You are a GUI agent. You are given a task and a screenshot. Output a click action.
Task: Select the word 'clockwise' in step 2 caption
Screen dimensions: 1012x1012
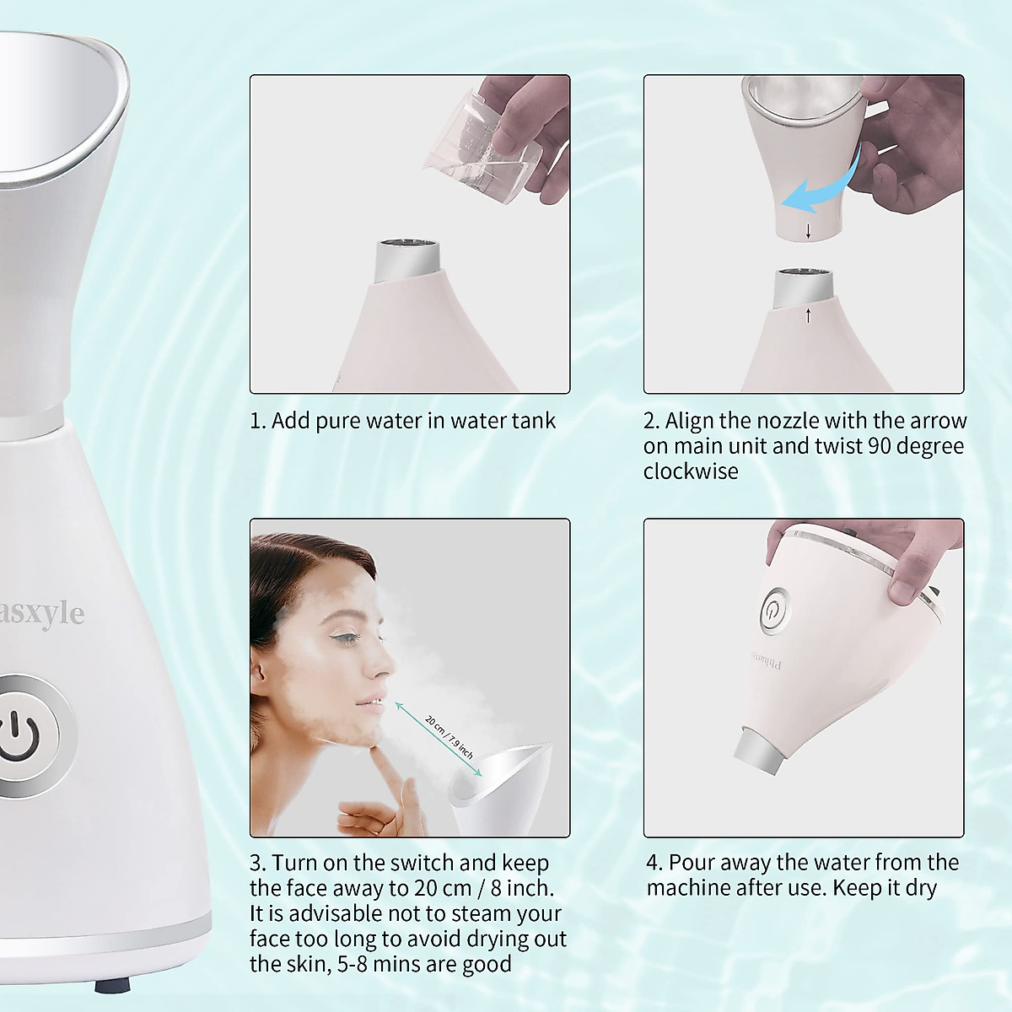point(691,471)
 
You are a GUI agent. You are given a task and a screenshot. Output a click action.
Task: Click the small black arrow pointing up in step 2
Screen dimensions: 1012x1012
point(808,316)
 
